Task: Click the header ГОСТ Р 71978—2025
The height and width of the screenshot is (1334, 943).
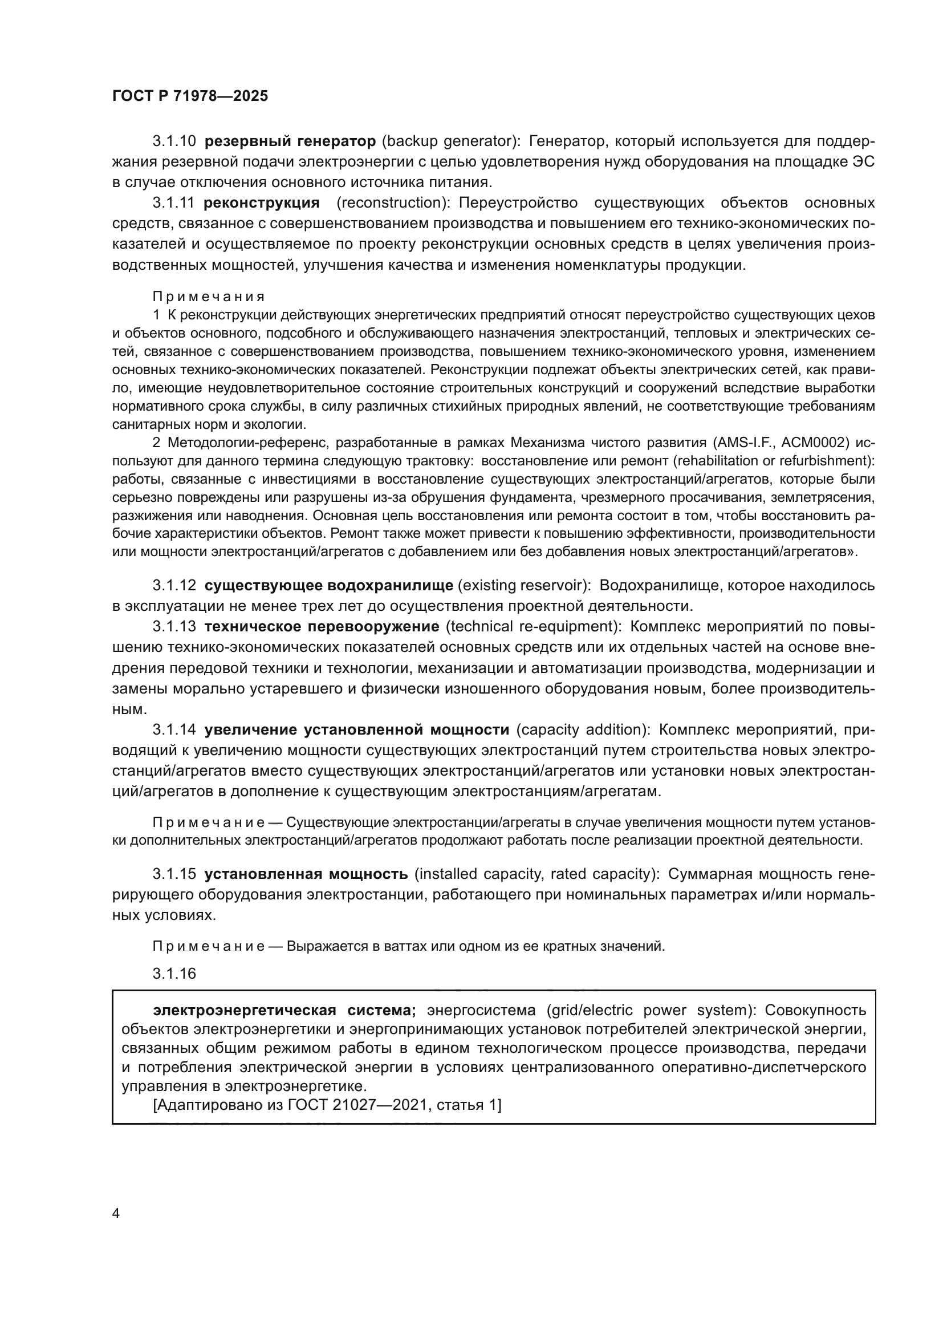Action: (190, 96)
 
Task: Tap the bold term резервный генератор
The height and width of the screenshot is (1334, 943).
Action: (291, 141)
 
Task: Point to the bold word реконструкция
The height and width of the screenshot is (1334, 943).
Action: (262, 203)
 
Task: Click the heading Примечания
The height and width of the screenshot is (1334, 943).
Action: (209, 297)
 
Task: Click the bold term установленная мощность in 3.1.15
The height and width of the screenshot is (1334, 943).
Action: (307, 874)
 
